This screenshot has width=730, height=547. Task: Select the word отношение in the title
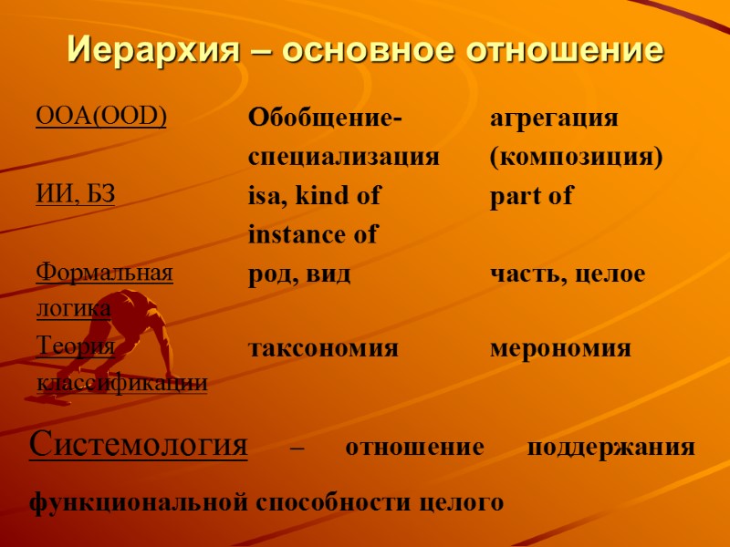pyautogui.click(x=565, y=49)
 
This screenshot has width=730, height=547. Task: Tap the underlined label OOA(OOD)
pyautogui.click(x=100, y=117)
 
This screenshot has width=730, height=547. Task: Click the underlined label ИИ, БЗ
pyautogui.click(x=75, y=193)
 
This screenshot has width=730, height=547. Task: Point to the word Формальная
pyautogui.click(x=104, y=272)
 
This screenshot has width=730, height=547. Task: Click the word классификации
pyautogui.click(x=121, y=383)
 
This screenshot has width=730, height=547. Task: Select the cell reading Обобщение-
pyautogui.click(x=325, y=119)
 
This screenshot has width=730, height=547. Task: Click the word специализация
pyautogui.click(x=344, y=157)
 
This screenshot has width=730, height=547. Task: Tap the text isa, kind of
pyautogui.click(x=314, y=195)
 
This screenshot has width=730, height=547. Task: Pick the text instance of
pyautogui.click(x=313, y=234)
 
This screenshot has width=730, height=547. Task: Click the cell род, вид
pyautogui.click(x=299, y=273)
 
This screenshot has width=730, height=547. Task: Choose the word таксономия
pyautogui.click(x=323, y=348)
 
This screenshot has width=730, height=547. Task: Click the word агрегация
pyautogui.click(x=554, y=119)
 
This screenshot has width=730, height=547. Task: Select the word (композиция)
pyautogui.click(x=575, y=157)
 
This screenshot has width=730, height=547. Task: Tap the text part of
pyautogui.click(x=531, y=195)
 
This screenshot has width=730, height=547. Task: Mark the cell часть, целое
pyautogui.click(x=568, y=273)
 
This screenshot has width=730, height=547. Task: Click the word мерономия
pyautogui.click(x=560, y=348)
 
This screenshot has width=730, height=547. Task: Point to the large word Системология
pyautogui.click(x=139, y=446)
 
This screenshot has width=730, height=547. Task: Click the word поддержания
pyautogui.click(x=610, y=449)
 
